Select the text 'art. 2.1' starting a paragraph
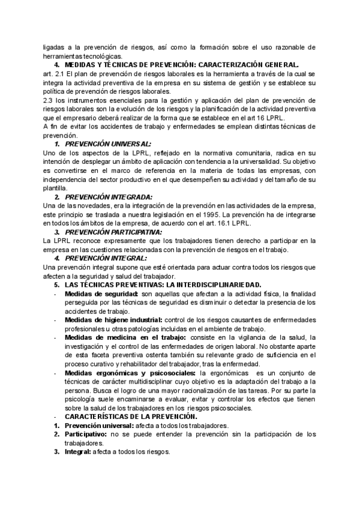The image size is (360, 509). point(54,74)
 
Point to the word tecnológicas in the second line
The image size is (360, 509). point(103,56)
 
